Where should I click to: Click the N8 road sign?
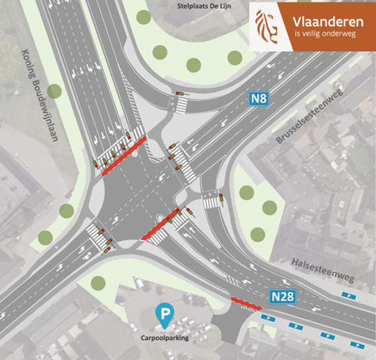[259, 99]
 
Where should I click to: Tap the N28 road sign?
[284, 298]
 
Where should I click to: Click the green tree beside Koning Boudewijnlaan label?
[54, 91]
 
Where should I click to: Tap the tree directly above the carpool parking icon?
[98, 282]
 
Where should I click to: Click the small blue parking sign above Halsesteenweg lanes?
[349, 295]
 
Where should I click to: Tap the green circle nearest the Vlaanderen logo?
[235, 58]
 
